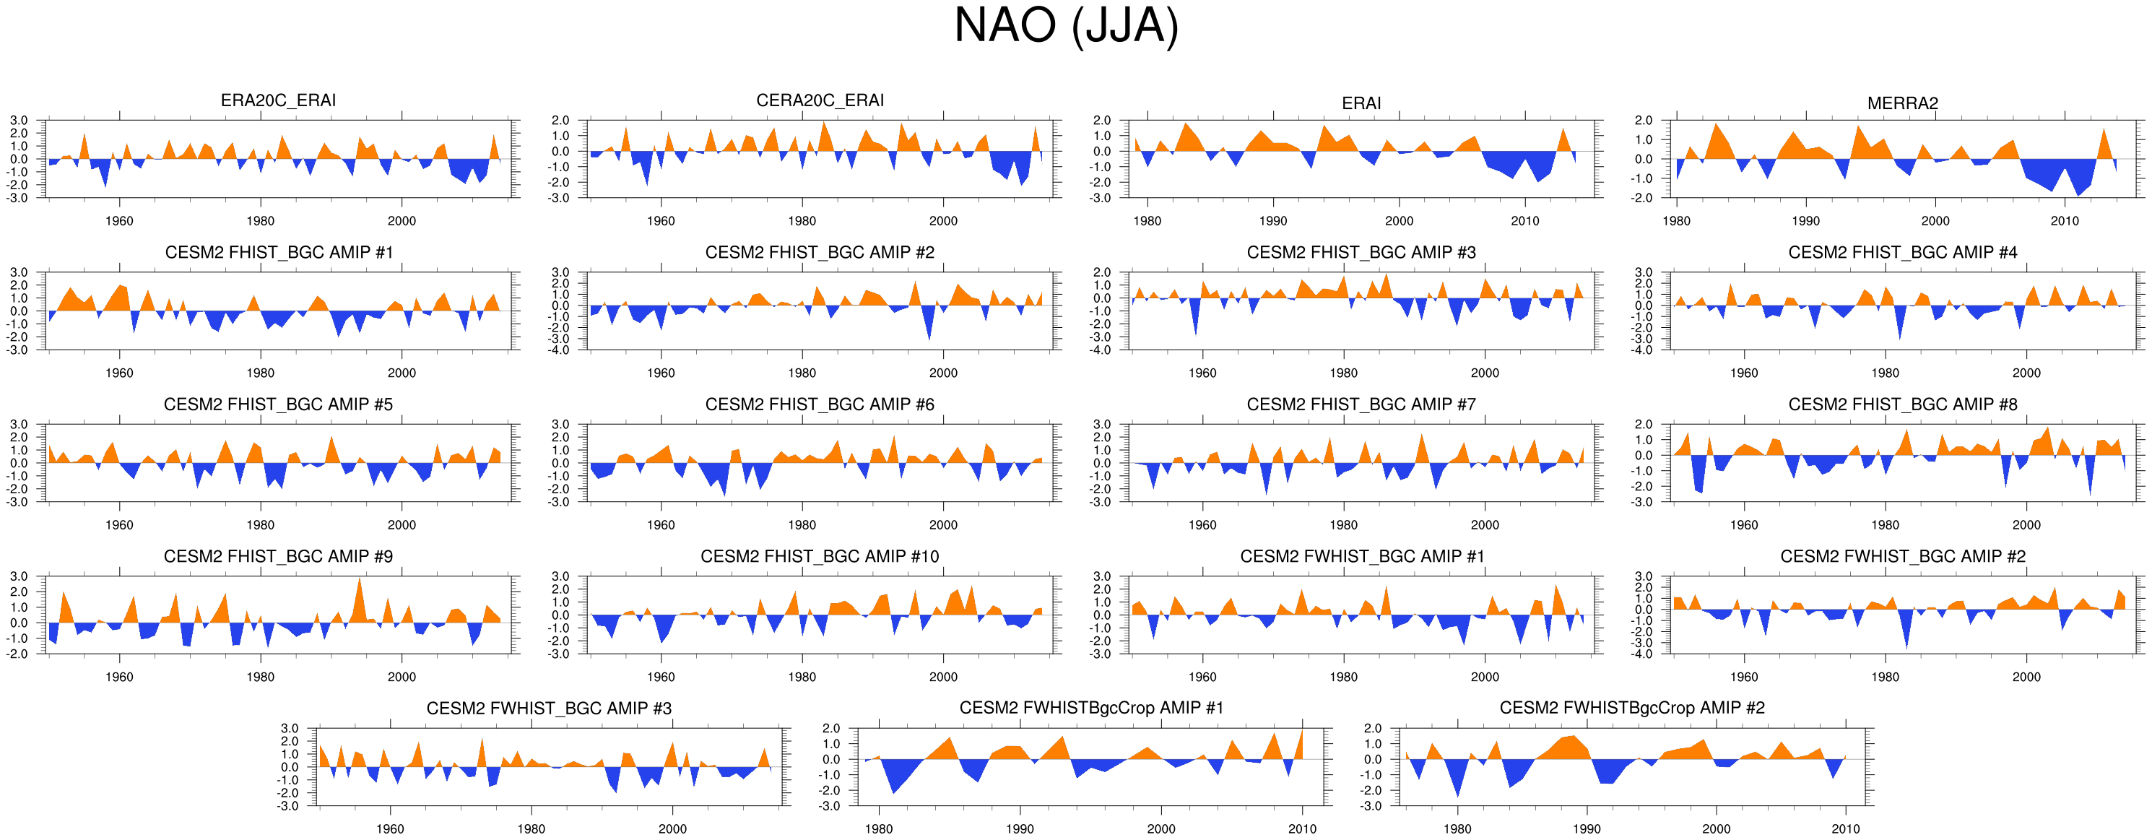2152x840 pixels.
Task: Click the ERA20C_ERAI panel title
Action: [278, 100]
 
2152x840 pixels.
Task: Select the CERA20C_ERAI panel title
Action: [820, 100]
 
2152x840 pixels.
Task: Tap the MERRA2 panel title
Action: [1902, 103]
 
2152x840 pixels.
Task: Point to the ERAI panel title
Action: [1361, 103]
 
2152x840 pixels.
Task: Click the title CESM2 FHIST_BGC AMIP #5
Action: [278, 404]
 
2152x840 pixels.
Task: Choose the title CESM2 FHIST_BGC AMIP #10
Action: [820, 557]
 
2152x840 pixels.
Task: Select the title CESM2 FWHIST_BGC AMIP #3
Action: [549, 709]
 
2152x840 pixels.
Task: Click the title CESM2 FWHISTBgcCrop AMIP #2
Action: [1631, 708]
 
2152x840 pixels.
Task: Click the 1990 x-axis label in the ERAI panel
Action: [1273, 222]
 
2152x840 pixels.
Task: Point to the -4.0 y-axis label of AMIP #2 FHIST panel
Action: [560, 350]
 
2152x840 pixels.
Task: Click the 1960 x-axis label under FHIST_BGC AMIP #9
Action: [119, 677]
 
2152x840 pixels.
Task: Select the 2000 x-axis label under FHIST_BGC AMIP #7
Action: [1485, 525]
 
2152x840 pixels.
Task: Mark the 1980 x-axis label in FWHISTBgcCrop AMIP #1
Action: [879, 829]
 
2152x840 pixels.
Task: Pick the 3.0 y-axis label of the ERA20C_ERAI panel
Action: [18, 121]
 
